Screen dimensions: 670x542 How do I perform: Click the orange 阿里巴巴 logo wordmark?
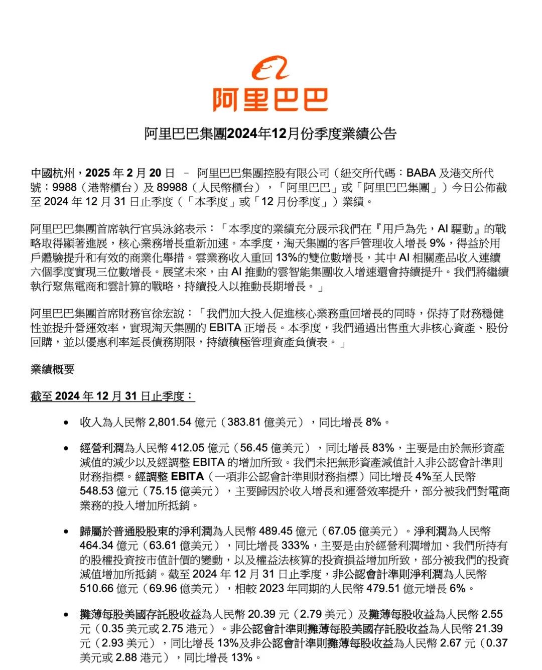coord(270,99)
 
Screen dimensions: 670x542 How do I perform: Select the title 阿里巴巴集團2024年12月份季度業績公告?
coord(270,134)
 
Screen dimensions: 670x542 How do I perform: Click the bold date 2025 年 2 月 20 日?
coord(130,173)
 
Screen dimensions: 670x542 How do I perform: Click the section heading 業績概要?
coord(52,369)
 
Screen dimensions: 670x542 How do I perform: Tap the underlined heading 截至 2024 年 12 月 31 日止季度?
coord(112,396)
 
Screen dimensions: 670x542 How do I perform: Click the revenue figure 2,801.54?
coord(171,423)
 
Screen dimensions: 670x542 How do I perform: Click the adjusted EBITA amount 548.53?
coord(97,491)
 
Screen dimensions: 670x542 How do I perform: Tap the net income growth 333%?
coord(295,546)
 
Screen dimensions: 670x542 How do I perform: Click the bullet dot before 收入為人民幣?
coord(66,423)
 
